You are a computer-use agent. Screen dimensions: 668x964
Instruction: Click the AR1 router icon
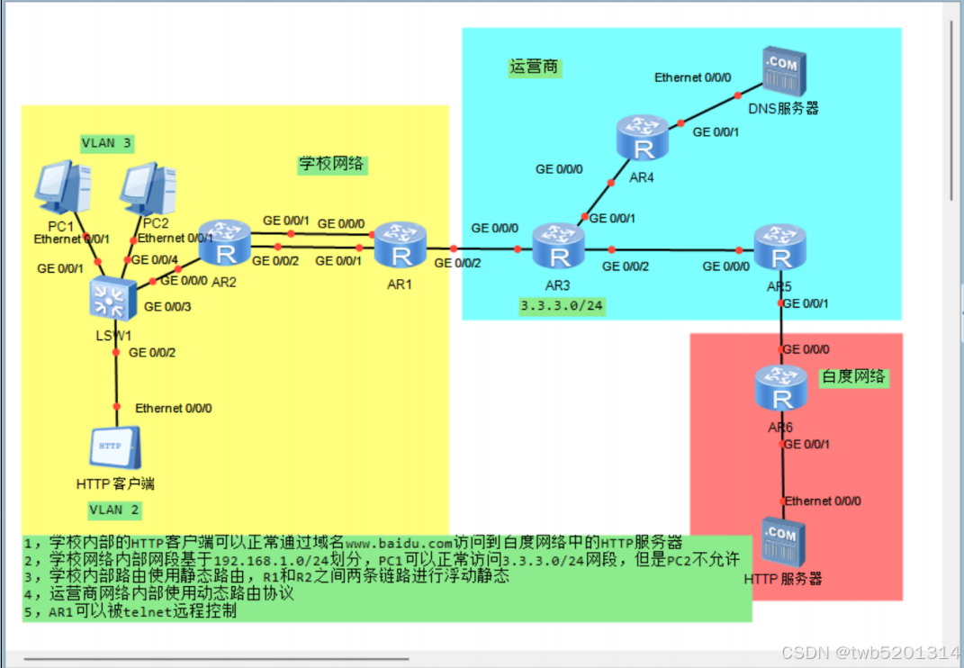[x=401, y=246]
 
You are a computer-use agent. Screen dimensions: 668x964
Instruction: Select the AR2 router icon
[x=223, y=242]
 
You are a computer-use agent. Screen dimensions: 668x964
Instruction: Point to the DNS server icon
[x=781, y=73]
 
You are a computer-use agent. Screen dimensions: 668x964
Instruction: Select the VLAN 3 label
[x=106, y=142]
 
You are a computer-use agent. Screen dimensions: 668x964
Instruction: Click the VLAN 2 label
[x=114, y=510]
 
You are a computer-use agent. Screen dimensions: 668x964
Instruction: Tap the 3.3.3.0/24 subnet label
[x=562, y=306]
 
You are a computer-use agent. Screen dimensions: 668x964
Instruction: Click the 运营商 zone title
[x=534, y=68]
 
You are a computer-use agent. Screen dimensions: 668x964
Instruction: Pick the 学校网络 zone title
[x=331, y=164]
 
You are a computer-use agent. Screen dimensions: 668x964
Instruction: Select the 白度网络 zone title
[x=853, y=377]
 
